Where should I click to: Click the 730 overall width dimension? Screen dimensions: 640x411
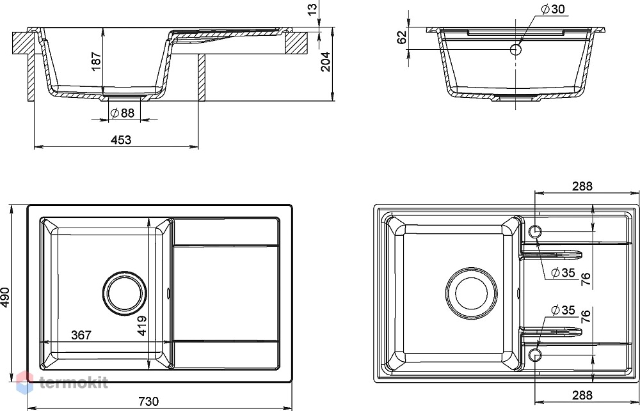[148, 401]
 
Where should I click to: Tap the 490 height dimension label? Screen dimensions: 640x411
[5, 298]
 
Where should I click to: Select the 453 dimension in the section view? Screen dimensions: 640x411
[121, 140]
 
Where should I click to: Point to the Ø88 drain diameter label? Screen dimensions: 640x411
[122, 113]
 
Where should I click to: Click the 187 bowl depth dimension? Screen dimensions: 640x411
[97, 61]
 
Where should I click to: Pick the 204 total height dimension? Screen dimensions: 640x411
[325, 62]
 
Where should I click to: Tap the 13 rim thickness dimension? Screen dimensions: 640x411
[312, 10]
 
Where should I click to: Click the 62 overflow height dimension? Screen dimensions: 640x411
[403, 37]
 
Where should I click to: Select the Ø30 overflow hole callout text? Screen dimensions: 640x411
[553, 9]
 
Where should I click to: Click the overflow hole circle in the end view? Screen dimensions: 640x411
[516, 50]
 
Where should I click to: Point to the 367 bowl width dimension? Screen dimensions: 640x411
[81, 335]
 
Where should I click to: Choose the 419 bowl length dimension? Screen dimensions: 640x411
[142, 325]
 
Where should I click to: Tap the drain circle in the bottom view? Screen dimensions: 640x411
[472, 293]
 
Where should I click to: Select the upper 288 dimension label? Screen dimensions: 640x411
[582, 186]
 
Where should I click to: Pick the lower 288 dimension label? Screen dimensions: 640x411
[582, 394]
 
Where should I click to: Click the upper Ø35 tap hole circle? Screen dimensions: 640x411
[535, 231]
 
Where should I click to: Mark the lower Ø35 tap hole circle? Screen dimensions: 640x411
[535, 355]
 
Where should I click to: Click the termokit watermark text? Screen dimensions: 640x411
[74, 382]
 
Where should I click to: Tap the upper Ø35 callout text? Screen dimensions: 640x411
[563, 272]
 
